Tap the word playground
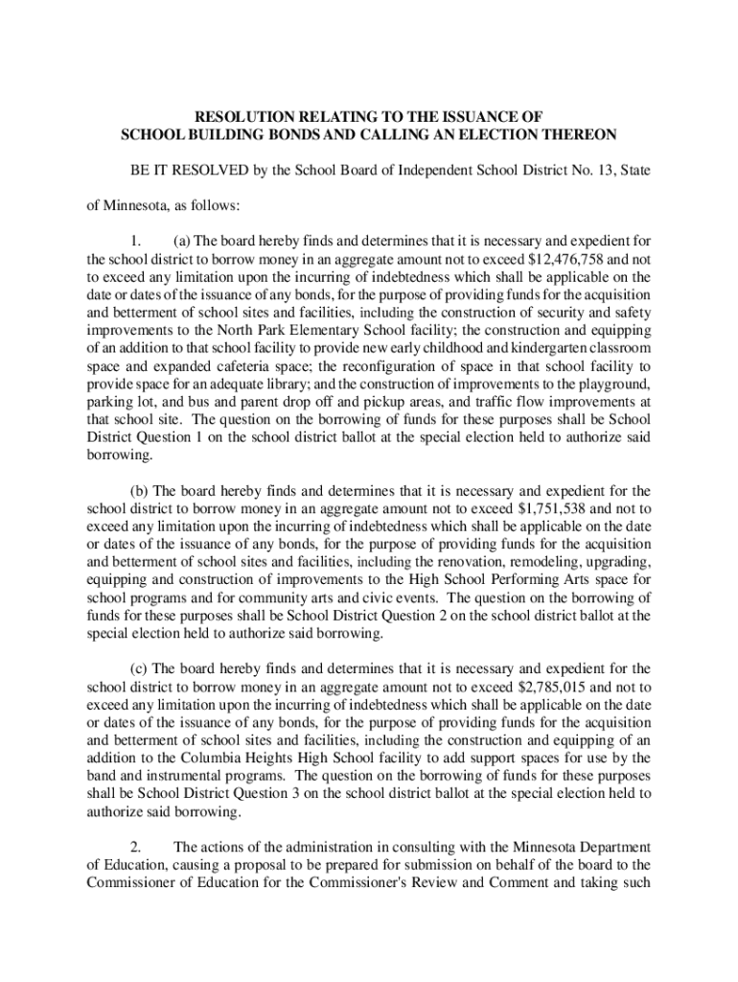(616, 385)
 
